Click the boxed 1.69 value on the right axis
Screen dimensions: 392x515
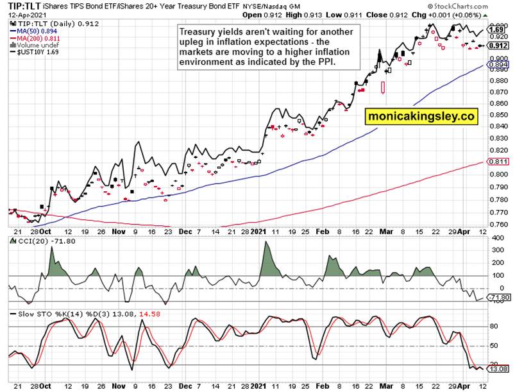(x=495, y=30)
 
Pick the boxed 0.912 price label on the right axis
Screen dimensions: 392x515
(x=498, y=46)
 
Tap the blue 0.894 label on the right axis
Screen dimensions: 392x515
(x=498, y=65)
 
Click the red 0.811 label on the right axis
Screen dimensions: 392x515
(x=498, y=162)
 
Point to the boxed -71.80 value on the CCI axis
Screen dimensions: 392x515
(x=497, y=298)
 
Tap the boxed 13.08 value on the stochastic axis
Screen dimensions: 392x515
(x=497, y=369)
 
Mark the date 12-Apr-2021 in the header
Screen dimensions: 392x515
(x=22, y=14)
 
